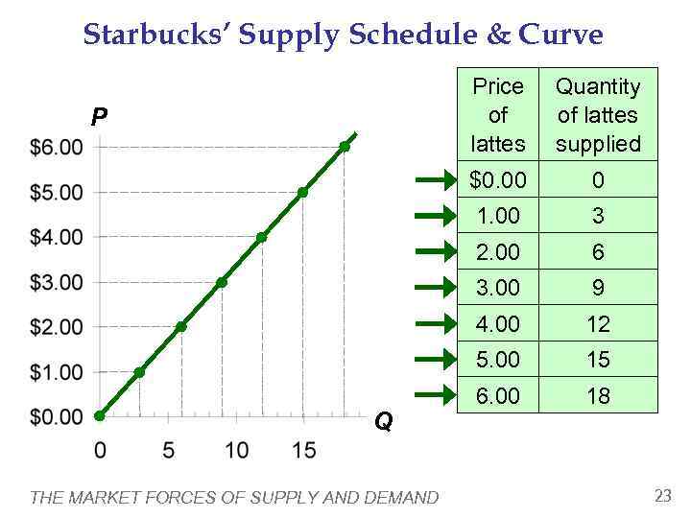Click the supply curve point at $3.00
(222, 282)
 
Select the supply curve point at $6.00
(345, 147)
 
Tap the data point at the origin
(100, 416)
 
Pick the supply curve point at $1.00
(140, 372)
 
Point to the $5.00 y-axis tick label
(57, 192)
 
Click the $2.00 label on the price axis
(57, 327)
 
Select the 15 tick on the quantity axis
(302, 449)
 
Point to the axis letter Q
(383, 422)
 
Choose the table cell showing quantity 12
(598, 324)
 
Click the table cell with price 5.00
(498, 360)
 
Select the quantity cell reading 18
(598, 395)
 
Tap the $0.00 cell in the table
(498, 180)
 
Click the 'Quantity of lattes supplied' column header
(598, 115)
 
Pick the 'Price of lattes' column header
(498, 115)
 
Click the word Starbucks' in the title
(154, 35)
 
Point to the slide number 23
(662, 495)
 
